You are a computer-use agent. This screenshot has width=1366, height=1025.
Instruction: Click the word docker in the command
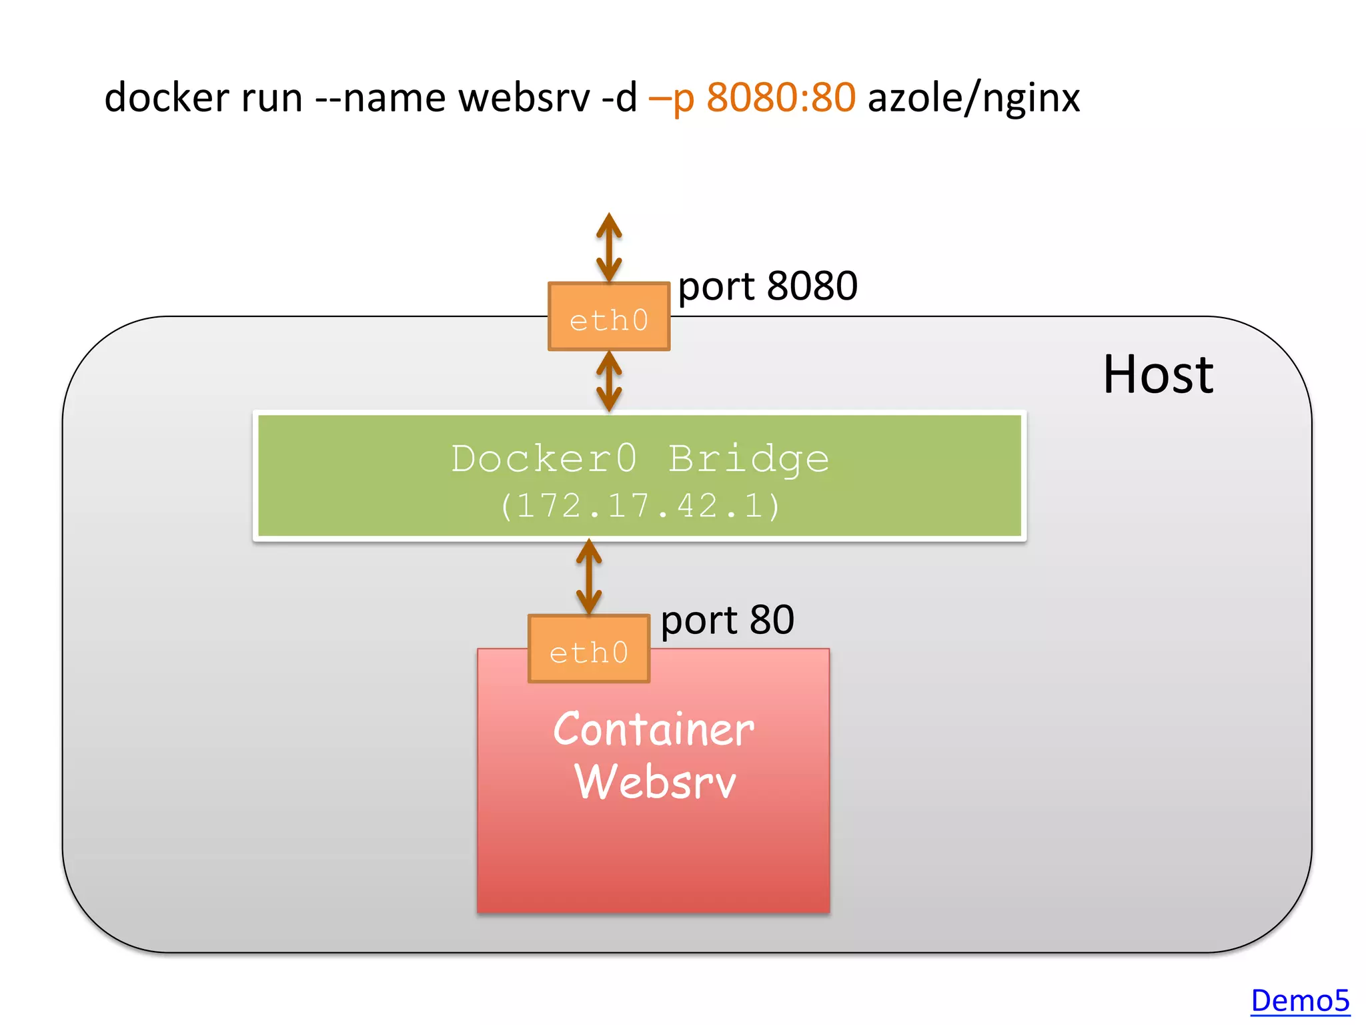coord(167,97)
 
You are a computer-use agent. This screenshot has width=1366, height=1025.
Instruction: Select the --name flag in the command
coord(380,97)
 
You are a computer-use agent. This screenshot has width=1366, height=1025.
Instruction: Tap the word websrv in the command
coord(524,97)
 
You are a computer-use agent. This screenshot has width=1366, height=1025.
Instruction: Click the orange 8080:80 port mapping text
coord(780,97)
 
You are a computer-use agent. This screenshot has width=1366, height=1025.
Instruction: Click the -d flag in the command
coord(619,97)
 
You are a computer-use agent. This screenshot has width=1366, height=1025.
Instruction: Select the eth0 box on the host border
coord(608,317)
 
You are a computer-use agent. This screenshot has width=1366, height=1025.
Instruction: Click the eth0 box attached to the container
coord(588,649)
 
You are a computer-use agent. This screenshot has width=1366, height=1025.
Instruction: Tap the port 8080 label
coord(767,287)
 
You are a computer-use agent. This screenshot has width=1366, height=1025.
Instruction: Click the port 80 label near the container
coord(727,621)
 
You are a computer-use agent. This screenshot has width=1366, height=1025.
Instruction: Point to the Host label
coord(1157,375)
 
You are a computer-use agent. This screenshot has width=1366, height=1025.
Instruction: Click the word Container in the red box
coord(653,729)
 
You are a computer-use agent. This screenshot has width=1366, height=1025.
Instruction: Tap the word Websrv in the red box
coord(654,782)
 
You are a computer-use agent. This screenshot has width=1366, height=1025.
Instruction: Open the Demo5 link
coord(1299,1001)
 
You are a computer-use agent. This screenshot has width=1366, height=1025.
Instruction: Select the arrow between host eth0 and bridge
coord(608,381)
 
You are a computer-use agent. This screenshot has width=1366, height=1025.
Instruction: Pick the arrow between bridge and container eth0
coord(588,577)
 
